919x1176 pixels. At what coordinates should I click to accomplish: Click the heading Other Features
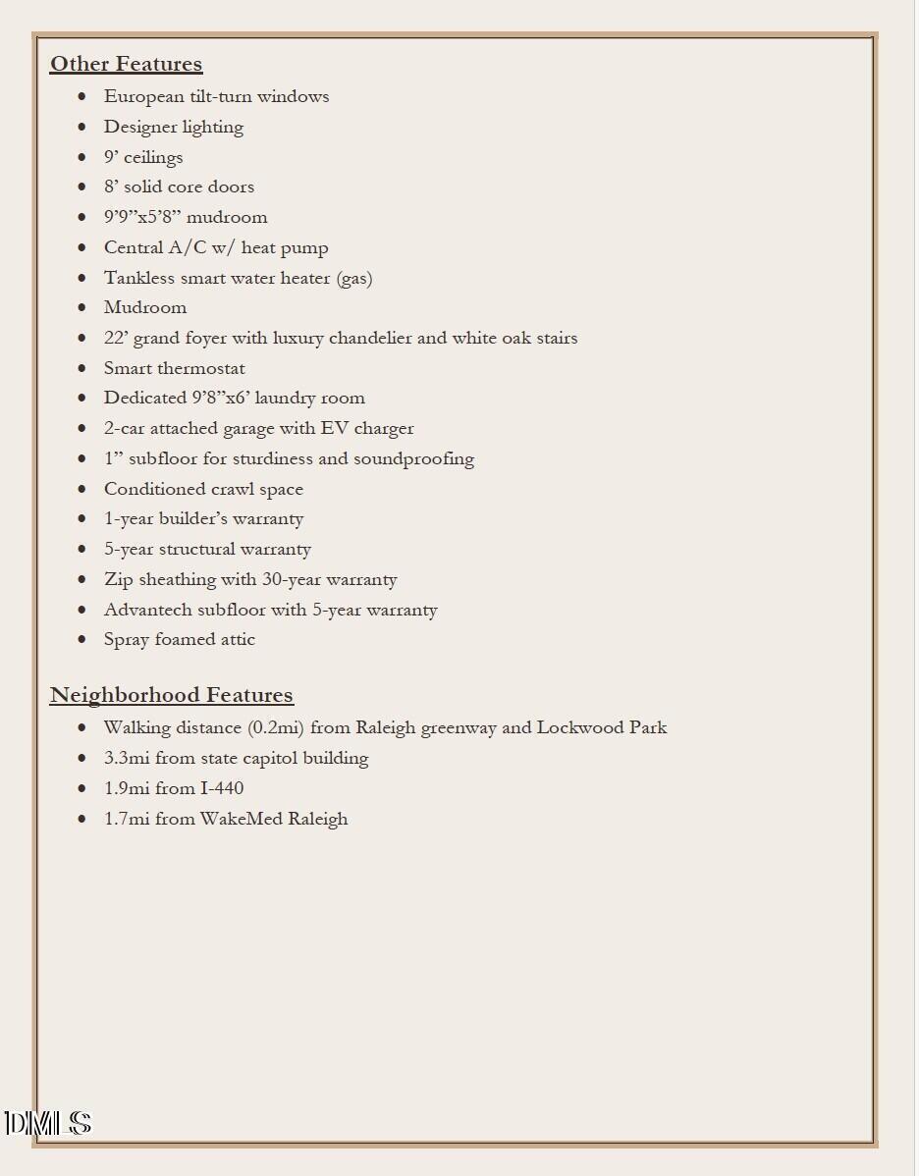(126, 64)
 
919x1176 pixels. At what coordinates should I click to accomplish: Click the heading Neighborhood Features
(171, 695)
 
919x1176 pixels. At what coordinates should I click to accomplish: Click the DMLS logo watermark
(47, 1124)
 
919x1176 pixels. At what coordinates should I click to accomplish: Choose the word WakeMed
(242, 819)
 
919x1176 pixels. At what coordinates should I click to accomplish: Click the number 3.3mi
(127, 758)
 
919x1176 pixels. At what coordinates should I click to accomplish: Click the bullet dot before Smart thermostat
(82, 368)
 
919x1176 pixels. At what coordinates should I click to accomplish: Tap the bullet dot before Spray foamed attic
(82, 640)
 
